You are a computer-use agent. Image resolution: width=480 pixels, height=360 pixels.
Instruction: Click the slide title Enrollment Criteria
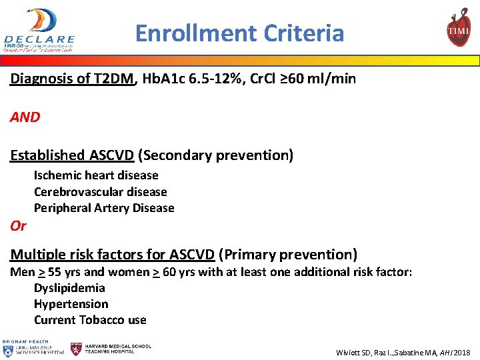pos(239,33)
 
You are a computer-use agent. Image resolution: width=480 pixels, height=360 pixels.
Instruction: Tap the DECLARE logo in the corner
pos(40,30)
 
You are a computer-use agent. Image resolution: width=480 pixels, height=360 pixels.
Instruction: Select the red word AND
pos(25,117)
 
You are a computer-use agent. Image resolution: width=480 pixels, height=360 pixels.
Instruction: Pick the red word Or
pos(18,226)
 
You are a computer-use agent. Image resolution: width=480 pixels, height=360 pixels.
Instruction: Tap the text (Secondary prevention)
pos(216,155)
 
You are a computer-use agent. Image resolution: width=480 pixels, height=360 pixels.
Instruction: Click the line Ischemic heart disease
pos(96,175)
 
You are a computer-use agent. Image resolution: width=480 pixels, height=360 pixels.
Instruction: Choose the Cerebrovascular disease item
pos(100,192)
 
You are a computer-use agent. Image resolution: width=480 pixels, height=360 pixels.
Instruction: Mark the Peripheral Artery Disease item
pos(104,208)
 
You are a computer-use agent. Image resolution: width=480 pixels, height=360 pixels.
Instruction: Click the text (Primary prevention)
pos(288,255)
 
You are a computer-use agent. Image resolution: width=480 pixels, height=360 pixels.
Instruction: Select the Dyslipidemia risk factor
pos(69,288)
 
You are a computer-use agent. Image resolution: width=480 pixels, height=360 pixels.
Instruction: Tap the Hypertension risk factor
pos(71,304)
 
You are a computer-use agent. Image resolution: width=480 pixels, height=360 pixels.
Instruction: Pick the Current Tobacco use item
pos(90,320)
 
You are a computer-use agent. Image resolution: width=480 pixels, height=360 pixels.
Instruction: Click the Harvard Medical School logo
pos(111,349)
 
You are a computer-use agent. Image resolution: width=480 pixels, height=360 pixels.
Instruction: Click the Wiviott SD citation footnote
pos(403,352)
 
